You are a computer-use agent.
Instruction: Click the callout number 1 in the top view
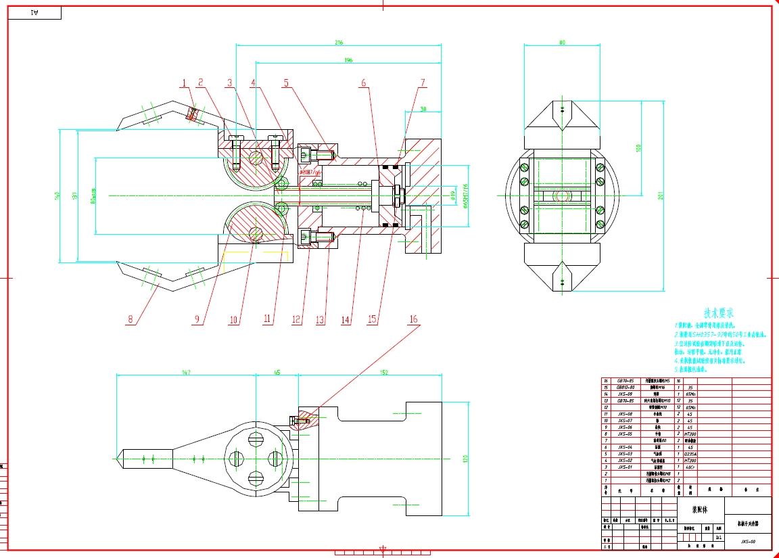pyautogui.click(x=183, y=83)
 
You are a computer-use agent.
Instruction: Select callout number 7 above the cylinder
pyautogui.click(x=423, y=83)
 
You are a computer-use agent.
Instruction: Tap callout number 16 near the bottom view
pyautogui.click(x=414, y=319)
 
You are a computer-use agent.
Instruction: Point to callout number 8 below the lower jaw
pyautogui.click(x=131, y=320)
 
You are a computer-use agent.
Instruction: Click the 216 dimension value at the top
pyautogui.click(x=339, y=42)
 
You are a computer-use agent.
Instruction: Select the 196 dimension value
pyautogui.click(x=348, y=61)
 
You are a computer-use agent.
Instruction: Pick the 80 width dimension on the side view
pyautogui.click(x=562, y=43)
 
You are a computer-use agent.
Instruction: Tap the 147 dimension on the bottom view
pyautogui.click(x=186, y=371)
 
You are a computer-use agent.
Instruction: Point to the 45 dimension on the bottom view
pyautogui.click(x=277, y=371)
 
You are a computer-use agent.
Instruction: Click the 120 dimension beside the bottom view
pyautogui.click(x=465, y=459)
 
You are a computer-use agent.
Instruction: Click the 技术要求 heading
pyautogui.click(x=719, y=313)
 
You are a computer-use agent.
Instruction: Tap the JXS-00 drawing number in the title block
pyautogui.click(x=747, y=541)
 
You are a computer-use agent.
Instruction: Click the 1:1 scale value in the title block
pyautogui.click(x=718, y=537)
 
